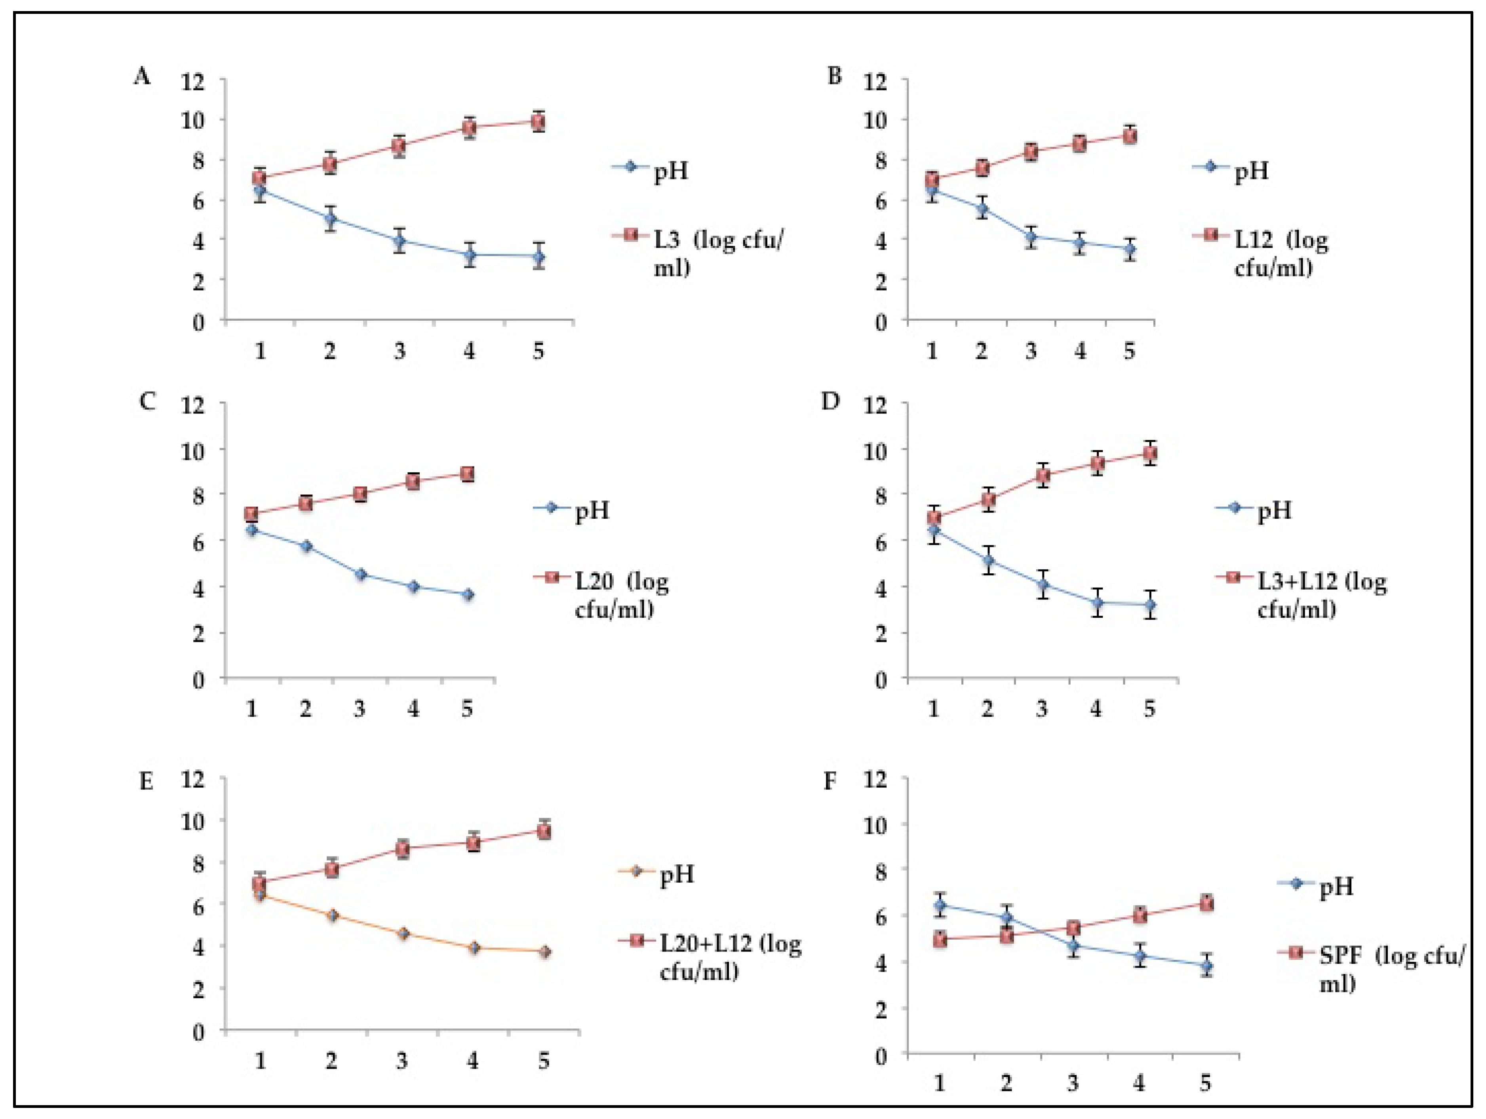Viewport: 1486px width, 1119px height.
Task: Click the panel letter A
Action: [142, 77]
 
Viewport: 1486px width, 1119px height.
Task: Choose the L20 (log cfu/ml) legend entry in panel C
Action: [621, 594]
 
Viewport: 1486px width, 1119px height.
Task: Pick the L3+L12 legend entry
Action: [1321, 594]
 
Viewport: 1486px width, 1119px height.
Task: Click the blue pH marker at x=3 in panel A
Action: [400, 241]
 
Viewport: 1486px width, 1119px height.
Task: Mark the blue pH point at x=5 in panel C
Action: [468, 594]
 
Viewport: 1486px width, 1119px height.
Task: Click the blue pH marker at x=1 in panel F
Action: [940, 905]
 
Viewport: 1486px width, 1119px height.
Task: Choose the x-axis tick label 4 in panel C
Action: [413, 709]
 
